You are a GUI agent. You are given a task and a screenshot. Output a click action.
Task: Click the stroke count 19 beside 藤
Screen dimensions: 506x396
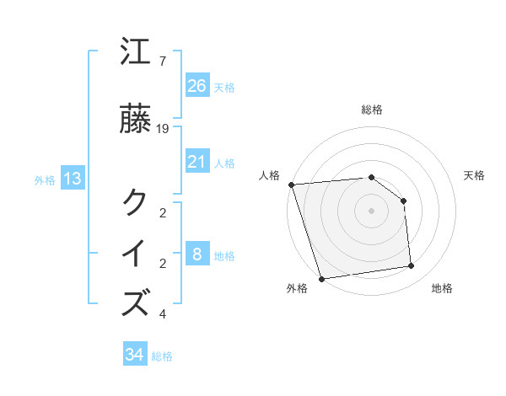coord(163,128)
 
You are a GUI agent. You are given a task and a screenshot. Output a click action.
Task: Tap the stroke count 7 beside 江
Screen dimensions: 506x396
coord(162,62)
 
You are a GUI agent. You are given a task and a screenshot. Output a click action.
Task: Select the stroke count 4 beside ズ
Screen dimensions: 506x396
coord(162,314)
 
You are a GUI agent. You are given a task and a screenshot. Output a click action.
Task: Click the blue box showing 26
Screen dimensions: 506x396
coord(196,86)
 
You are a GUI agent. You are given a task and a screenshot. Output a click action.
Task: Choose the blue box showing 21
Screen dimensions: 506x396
coord(196,162)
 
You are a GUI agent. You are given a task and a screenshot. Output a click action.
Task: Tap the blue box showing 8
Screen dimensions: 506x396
coord(196,254)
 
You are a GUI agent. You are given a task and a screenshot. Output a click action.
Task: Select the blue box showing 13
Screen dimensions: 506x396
coord(72,179)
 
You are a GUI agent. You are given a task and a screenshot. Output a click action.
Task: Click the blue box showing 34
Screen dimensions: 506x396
coord(134,355)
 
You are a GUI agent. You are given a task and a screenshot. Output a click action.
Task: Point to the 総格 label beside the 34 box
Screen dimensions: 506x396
coord(162,356)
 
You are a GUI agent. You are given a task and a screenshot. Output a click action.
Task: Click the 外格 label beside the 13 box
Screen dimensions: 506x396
coord(45,180)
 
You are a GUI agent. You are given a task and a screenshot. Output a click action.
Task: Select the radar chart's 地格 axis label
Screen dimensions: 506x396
coord(442,289)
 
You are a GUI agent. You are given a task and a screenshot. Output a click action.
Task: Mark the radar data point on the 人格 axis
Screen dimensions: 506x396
coord(291,185)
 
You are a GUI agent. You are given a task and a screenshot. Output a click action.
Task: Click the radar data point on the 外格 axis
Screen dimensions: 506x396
coord(321,278)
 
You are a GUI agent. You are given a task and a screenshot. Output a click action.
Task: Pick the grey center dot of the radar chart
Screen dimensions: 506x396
coord(371,210)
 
